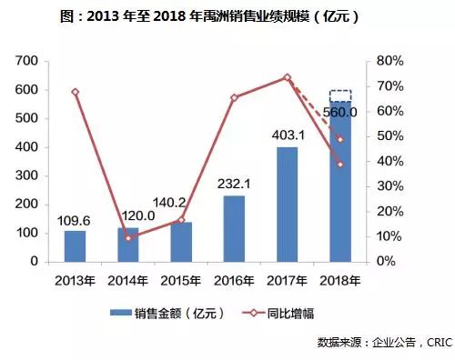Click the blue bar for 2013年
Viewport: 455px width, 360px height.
pyautogui.click(x=75, y=245)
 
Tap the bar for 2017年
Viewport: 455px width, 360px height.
pyautogui.click(x=287, y=204)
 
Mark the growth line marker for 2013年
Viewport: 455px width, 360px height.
pyautogui.click(x=75, y=92)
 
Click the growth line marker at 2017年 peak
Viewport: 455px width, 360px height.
pyautogui.click(x=287, y=77)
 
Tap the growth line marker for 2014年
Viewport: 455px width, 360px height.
pyautogui.click(x=127, y=238)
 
